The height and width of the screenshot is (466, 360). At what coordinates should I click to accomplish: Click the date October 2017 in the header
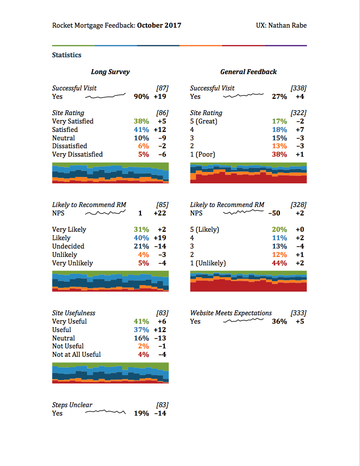159,25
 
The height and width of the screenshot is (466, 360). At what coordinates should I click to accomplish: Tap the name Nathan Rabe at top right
287,25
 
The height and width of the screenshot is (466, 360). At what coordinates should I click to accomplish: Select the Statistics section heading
67,55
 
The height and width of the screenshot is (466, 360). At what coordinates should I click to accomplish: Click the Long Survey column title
110,72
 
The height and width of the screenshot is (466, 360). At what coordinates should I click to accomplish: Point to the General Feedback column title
248,72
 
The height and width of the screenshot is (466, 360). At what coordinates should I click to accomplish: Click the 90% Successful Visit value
141,97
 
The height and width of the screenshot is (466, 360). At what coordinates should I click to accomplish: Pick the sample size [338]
299,88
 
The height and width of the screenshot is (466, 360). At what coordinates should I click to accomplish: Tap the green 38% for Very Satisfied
141,122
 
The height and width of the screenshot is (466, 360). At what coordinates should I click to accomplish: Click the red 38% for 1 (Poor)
279,155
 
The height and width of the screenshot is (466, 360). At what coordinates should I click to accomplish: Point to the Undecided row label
68,247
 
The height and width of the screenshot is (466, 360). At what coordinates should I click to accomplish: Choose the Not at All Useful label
76,355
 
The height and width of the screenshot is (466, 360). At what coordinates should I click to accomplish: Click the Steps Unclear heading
72,405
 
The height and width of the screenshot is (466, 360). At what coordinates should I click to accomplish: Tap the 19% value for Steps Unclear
141,414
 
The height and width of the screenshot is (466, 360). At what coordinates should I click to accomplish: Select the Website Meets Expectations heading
231,313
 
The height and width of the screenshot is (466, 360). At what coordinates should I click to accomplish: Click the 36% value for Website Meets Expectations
279,322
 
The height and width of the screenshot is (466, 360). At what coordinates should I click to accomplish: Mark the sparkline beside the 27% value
243,96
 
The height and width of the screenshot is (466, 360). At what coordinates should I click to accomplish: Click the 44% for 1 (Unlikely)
279,263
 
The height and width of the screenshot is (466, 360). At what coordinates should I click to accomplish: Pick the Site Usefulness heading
74,313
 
